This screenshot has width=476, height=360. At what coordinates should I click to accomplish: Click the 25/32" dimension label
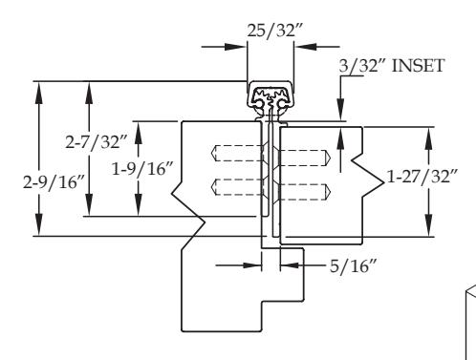[x=274, y=31]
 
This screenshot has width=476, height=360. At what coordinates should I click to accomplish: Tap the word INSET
[x=418, y=66]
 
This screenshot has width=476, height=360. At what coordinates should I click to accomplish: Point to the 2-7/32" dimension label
[x=97, y=141]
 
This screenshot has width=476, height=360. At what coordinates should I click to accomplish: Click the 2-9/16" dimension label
[x=54, y=182]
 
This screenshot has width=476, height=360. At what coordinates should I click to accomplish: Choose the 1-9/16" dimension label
[x=142, y=169]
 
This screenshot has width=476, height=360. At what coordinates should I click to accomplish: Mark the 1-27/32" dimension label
[x=422, y=176]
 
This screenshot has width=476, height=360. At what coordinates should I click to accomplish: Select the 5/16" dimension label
[x=353, y=266]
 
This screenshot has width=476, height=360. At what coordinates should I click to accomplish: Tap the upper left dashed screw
[x=237, y=153]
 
